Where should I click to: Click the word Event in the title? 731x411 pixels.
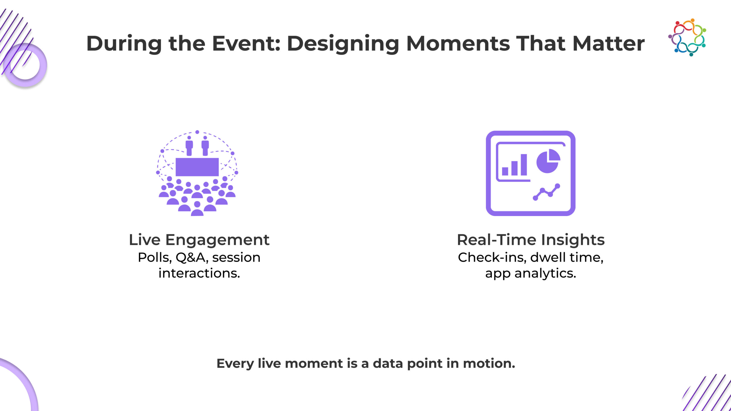point(246,43)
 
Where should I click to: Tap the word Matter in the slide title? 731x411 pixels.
point(609,43)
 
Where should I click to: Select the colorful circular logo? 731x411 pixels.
point(687,37)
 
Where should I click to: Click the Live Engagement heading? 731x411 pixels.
point(199,240)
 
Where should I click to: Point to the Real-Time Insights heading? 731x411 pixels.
point(531,240)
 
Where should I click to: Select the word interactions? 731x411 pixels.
point(199,273)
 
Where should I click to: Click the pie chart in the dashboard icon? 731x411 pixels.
point(548,161)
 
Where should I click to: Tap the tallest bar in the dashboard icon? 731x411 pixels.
point(524,165)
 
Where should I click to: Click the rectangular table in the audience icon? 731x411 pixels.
point(197,167)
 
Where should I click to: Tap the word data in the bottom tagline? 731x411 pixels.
point(388,363)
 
